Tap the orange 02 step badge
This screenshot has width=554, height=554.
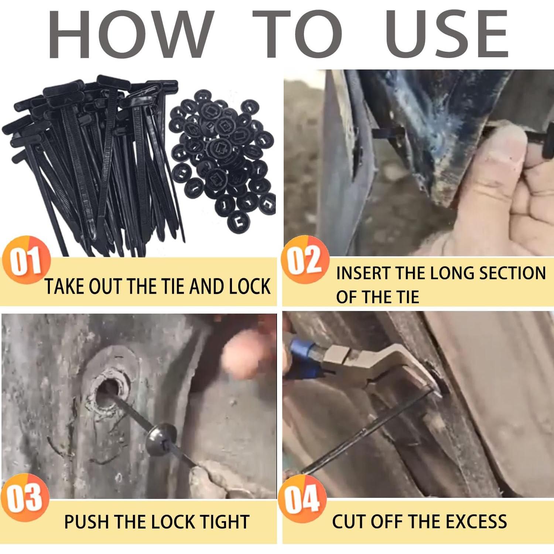point(305,260)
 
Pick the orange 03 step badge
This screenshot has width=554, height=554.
point(25,497)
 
